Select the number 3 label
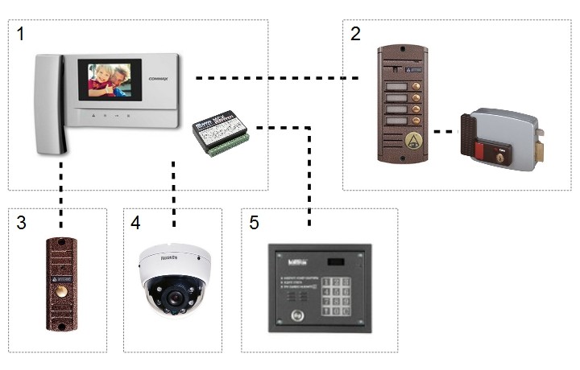tap(21, 223)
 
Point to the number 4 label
tap(135, 223)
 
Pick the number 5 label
tap(254, 223)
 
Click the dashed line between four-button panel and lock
tap(441, 130)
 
